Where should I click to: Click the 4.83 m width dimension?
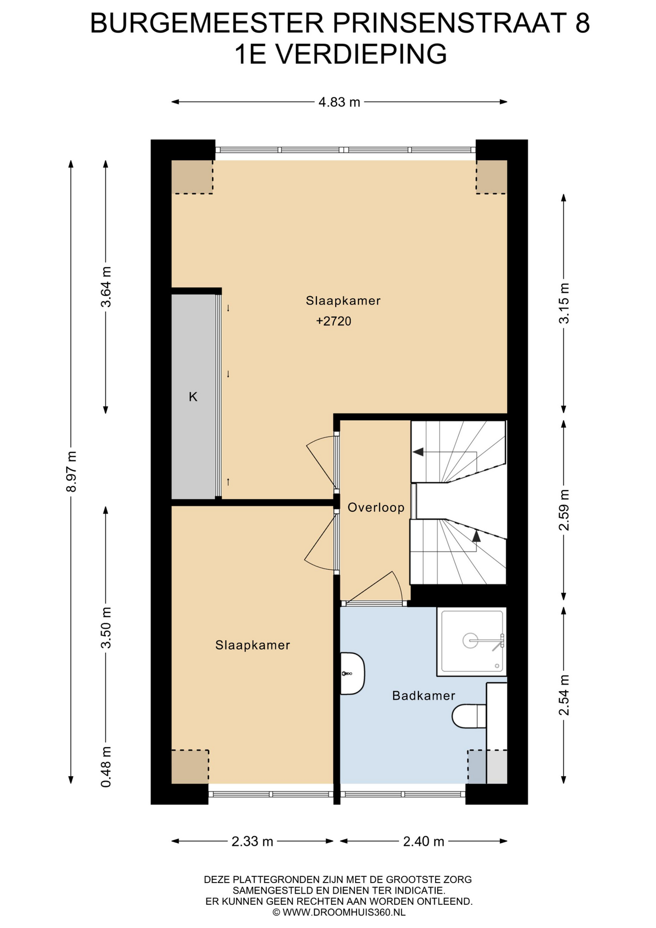[x=339, y=102]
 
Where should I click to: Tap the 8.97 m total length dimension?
[x=71, y=471]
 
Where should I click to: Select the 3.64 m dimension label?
[x=106, y=287]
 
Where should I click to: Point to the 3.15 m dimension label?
[x=564, y=303]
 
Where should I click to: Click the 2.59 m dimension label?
[x=564, y=510]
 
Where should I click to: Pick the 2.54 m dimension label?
[x=564, y=695]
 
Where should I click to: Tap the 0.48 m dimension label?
[x=106, y=767]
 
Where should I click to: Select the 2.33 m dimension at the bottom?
[x=252, y=841]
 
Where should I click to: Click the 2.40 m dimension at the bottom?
[x=424, y=841]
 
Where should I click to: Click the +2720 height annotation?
[x=334, y=321]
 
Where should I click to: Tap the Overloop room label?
[x=376, y=507]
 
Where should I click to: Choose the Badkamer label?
[x=424, y=696]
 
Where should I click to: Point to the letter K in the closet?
[x=193, y=397]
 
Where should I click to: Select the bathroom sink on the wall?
[x=352, y=673]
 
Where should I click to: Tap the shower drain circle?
[x=470, y=641]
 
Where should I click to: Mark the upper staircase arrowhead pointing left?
[x=418, y=452]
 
